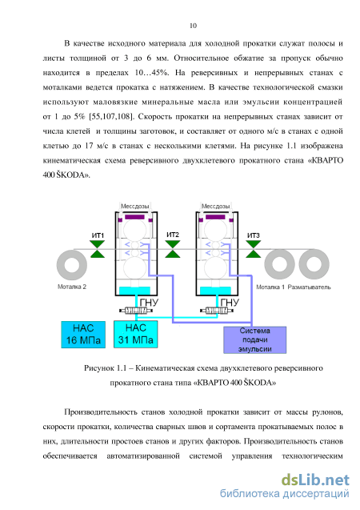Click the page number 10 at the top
click(193, 26)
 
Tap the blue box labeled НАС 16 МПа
click(83, 335)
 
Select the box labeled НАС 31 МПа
click(135, 334)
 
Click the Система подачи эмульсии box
click(254, 339)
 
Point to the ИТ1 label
click(98, 235)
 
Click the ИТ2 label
click(173, 235)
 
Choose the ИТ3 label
click(254, 235)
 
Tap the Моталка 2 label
click(72, 287)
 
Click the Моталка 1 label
click(270, 287)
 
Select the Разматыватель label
click(309, 287)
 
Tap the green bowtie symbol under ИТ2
click(173, 249)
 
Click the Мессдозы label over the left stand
click(135, 207)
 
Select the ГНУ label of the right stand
click(230, 303)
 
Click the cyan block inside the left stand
click(135, 291)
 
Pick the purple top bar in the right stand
click(215, 217)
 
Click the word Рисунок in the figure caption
click(98, 367)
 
